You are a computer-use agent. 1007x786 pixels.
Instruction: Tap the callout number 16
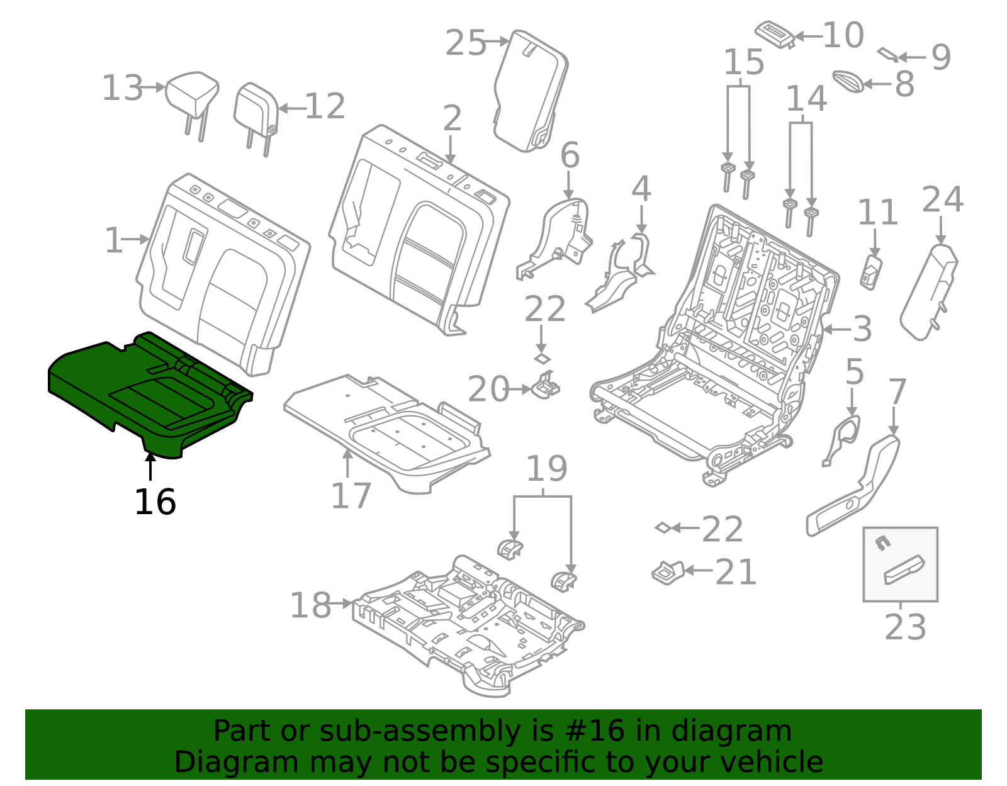coord(155,502)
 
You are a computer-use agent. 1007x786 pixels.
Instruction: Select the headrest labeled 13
coord(192,94)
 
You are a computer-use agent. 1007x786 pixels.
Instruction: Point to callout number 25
coord(466,43)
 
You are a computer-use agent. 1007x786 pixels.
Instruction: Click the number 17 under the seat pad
coord(351,496)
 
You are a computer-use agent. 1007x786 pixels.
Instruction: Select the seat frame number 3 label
coord(862,329)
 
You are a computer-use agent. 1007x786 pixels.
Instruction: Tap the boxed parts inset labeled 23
coord(900,564)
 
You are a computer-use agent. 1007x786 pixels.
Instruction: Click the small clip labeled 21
coord(667,571)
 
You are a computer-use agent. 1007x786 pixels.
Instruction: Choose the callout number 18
coord(310,605)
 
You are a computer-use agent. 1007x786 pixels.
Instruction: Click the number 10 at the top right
coord(843,35)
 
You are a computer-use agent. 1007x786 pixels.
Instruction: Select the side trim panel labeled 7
coord(856,485)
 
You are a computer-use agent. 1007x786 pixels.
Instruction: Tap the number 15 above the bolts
coord(744,62)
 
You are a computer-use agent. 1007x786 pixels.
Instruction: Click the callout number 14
coord(806,99)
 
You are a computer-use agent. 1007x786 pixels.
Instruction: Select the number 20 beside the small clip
coord(488,390)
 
